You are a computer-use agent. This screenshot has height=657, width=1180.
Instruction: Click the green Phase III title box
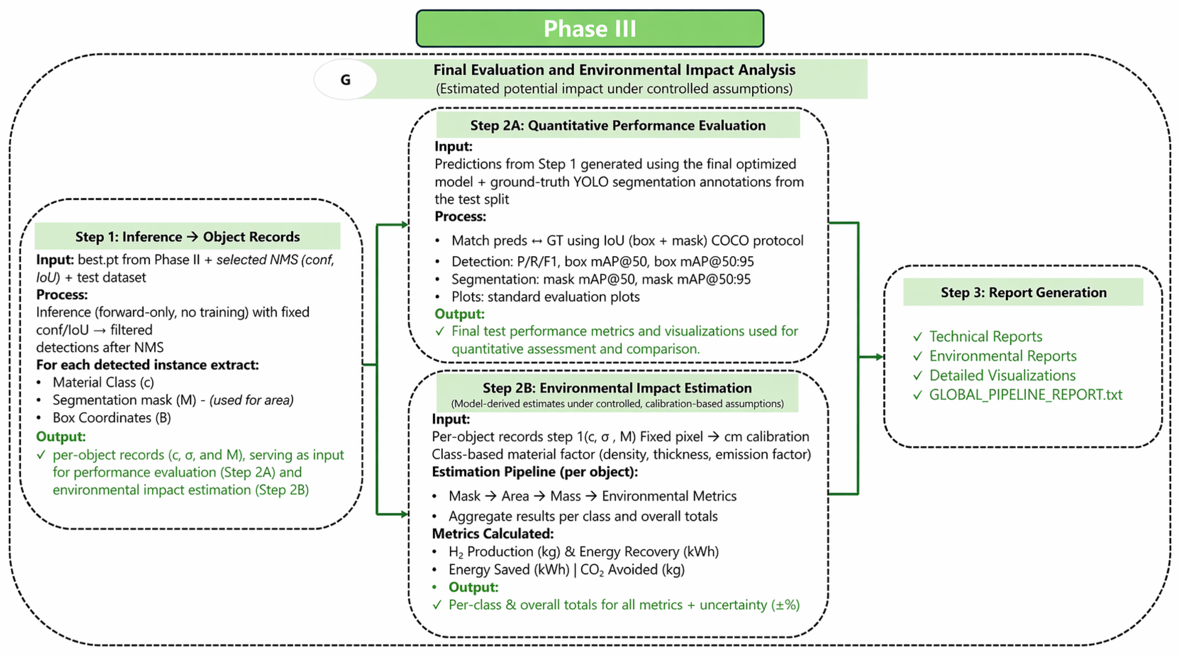point(589,29)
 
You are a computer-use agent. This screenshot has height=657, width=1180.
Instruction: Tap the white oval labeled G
point(345,79)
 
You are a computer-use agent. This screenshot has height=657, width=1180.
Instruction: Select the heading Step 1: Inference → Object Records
point(187,237)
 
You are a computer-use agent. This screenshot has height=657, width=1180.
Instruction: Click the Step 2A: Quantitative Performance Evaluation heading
point(618,125)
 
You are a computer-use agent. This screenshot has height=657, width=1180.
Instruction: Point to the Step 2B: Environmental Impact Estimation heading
point(617,388)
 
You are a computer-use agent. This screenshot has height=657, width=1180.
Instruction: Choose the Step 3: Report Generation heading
point(1023,292)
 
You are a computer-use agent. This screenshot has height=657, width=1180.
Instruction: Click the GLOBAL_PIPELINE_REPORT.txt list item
point(1026,395)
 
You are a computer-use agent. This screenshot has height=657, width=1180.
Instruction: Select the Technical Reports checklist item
point(986,336)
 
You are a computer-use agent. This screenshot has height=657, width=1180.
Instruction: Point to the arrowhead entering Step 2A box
point(404,225)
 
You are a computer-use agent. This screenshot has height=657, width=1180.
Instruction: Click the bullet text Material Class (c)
point(103,382)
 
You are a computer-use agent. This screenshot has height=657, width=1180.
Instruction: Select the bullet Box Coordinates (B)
point(112,418)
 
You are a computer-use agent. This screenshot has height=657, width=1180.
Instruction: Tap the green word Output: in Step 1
point(61,436)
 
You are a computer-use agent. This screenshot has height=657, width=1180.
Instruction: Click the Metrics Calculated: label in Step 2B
point(493,534)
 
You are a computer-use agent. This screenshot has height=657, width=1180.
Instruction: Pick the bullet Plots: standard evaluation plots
point(546,297)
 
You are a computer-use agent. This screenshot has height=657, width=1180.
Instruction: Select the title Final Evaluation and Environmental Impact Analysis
point(614,70)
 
